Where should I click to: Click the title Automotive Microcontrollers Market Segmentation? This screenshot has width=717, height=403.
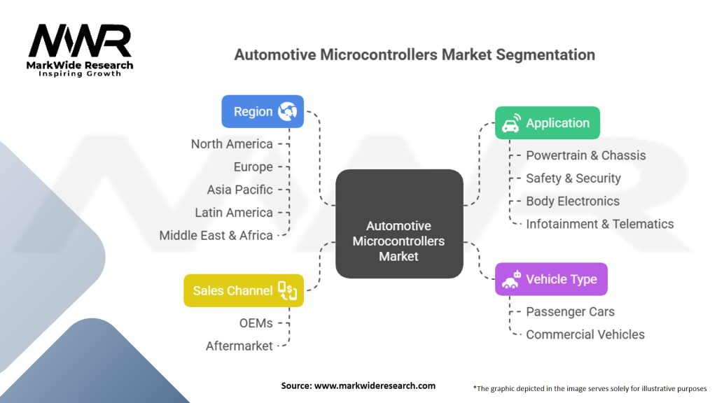414,55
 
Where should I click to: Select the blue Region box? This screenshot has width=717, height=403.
263,111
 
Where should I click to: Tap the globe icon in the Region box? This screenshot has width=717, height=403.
287,111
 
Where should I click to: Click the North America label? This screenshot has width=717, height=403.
232,144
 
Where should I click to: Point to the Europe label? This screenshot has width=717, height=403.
253,167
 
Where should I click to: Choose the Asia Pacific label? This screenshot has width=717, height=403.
239,190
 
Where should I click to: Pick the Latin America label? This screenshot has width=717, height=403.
234,213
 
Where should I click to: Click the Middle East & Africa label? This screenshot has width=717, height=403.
216,236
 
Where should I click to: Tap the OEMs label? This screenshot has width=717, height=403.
256,323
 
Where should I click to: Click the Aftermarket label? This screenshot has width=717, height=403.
239,346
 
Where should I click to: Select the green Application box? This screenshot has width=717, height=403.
548,123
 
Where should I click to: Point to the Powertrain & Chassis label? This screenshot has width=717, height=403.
585,155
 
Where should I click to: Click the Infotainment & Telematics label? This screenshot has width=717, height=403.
599,224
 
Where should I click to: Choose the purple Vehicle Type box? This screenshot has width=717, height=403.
551,279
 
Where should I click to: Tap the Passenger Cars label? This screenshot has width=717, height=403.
570,311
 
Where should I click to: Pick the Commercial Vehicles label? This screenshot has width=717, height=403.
585,334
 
